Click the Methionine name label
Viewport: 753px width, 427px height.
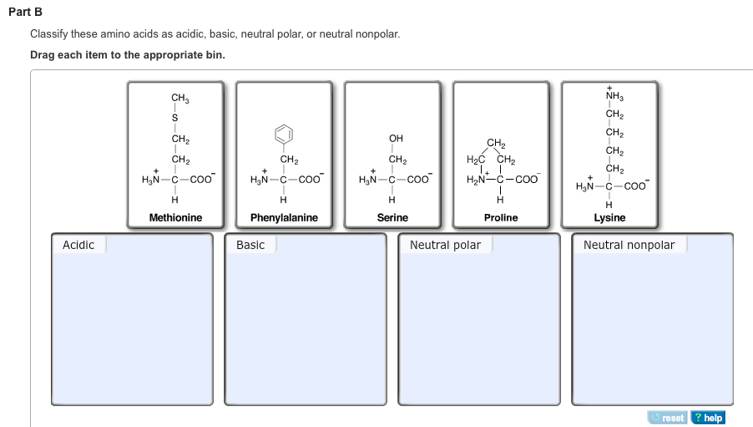click(175, 217)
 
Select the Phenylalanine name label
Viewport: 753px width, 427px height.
click(284, 217)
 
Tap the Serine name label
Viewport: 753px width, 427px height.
click(392, 217)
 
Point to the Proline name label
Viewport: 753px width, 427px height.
click(501, 217)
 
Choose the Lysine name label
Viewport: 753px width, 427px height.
click(609, 217)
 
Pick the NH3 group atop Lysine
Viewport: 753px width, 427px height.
click(612, 96)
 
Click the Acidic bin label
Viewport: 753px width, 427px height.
click(78, 245)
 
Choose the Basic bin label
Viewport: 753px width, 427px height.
click(250, 245)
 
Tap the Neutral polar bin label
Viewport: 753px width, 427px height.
click(445, 245)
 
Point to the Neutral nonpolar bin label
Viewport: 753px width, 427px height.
click(629, 245)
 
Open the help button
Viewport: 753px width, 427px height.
click(708, 418)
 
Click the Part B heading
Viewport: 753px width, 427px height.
click(26, 13)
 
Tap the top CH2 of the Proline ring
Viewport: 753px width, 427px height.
click(495, 143)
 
